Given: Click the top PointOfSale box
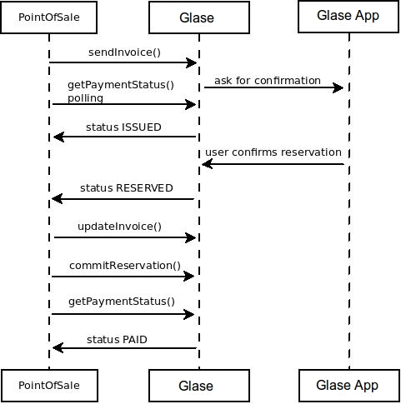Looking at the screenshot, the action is (49, 17).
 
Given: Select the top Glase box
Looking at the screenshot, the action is (199, 17).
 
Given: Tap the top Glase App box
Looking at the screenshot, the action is (348, 17).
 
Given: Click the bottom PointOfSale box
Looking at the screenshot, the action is (49, 386).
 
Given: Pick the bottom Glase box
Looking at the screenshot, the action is (199, 386).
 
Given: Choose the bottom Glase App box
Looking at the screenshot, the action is (349, 386).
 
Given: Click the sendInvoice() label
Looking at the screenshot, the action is (124, 52).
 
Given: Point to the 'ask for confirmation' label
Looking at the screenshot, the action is (268, 81).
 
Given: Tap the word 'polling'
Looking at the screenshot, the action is (85, 98).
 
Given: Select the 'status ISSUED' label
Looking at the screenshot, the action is (123, 127).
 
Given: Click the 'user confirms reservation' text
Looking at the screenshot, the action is (273, 152).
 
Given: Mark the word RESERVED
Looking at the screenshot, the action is (144, 188).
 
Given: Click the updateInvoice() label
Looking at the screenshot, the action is (119, 227).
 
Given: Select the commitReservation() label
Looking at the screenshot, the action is (125, 266).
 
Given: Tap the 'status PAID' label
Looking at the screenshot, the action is (117, 340).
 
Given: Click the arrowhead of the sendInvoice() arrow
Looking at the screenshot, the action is (192, 62).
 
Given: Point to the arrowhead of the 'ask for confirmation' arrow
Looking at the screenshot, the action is (338, 88).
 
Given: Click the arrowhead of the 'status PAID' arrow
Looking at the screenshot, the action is (58, 348).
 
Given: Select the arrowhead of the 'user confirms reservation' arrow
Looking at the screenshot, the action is (208, 164).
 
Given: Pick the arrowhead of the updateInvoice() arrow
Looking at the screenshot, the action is (191, 237).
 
